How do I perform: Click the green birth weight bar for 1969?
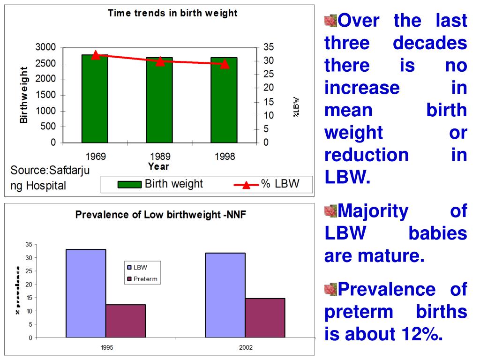(x=95, y=99)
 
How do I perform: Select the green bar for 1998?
(x=224, y=100)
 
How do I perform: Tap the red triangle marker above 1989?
(x=160, y=61)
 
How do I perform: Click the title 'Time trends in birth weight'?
(x=172, y=13)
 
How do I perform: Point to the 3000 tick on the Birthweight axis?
(x=45, y=47)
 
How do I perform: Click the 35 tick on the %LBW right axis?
(x=268, y=47)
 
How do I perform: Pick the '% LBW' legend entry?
(x=267, y=184)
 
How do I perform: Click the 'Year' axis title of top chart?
(x=158, y=166)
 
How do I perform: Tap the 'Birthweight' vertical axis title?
(x=23, y=95)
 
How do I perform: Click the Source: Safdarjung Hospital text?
(x=49, y=177)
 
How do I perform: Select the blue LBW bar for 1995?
(x=86, y=293)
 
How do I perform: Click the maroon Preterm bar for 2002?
(x=265, y=317)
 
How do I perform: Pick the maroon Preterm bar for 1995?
(x=126, y=321)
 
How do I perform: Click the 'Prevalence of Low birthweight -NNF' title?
(x=161, y=215)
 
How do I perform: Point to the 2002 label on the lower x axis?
(x=245, y=348)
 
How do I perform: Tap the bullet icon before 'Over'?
(x=330, y=21)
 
